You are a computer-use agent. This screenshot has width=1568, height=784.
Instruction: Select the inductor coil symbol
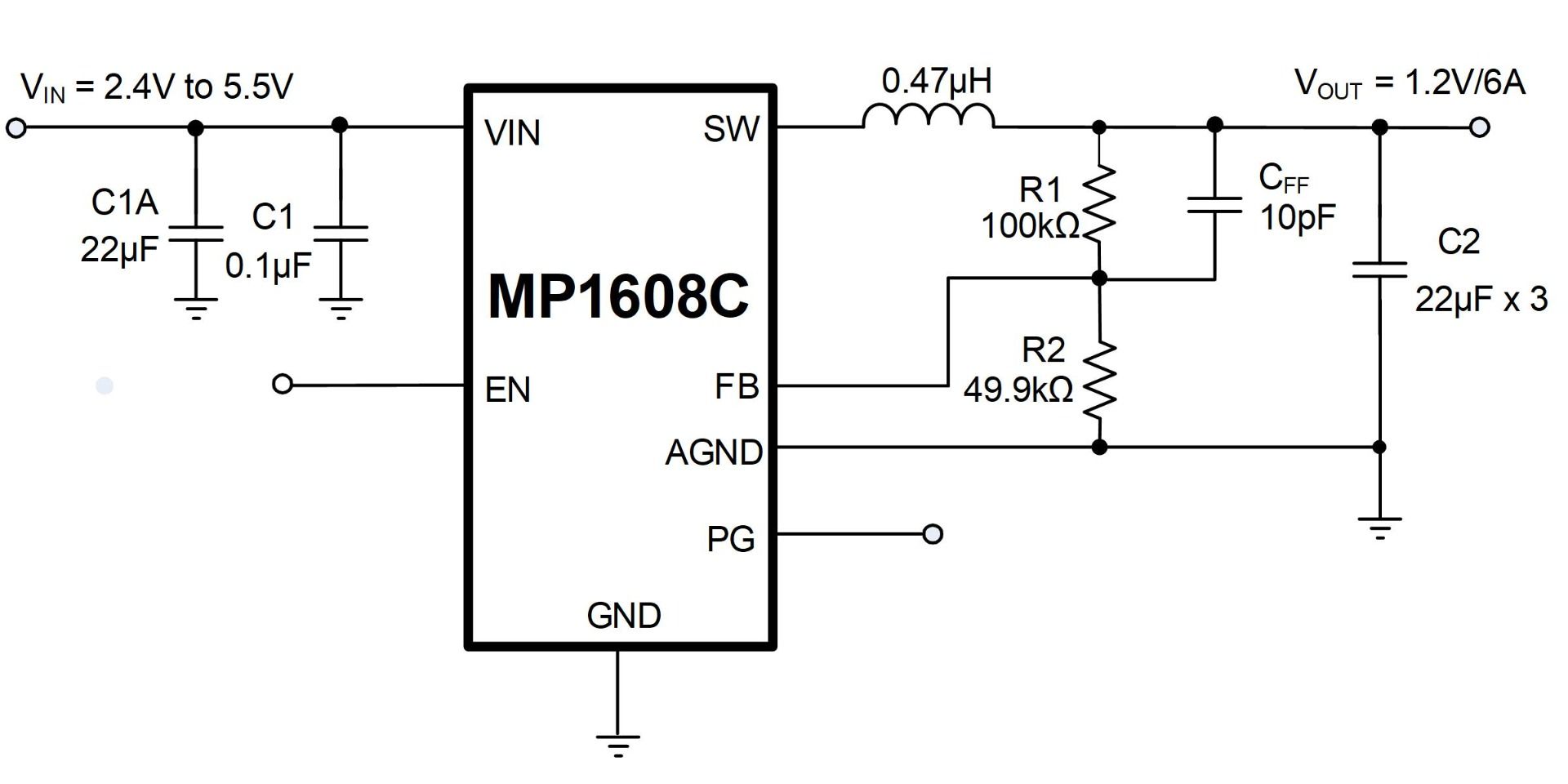[929, 118]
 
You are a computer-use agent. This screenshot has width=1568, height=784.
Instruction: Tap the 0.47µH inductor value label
[937, 82]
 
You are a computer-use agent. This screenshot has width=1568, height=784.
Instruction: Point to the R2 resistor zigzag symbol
[1099, 379]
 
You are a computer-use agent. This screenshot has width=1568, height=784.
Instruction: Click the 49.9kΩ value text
[1018, 390]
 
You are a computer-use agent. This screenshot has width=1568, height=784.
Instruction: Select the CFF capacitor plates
[1214, 204]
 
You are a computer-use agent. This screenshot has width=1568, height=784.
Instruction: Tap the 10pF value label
[1298, 217]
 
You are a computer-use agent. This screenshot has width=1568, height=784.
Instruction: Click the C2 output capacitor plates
[1379, 269]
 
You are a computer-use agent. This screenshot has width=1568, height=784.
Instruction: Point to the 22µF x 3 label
[1481, 300]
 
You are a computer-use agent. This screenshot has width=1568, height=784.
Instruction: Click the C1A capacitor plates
[195, 234]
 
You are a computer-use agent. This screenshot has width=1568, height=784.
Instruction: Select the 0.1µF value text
[268, 266]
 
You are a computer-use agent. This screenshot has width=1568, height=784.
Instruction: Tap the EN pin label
[507, 390]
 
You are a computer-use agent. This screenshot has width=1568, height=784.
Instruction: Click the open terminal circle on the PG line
[933, 534]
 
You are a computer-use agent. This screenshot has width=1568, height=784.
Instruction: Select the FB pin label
[737, 386]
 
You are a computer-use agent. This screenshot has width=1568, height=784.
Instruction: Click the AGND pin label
[714, 452]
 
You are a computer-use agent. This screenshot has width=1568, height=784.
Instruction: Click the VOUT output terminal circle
[1479, 127]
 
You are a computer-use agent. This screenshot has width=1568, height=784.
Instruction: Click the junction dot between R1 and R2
[1099, 278]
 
